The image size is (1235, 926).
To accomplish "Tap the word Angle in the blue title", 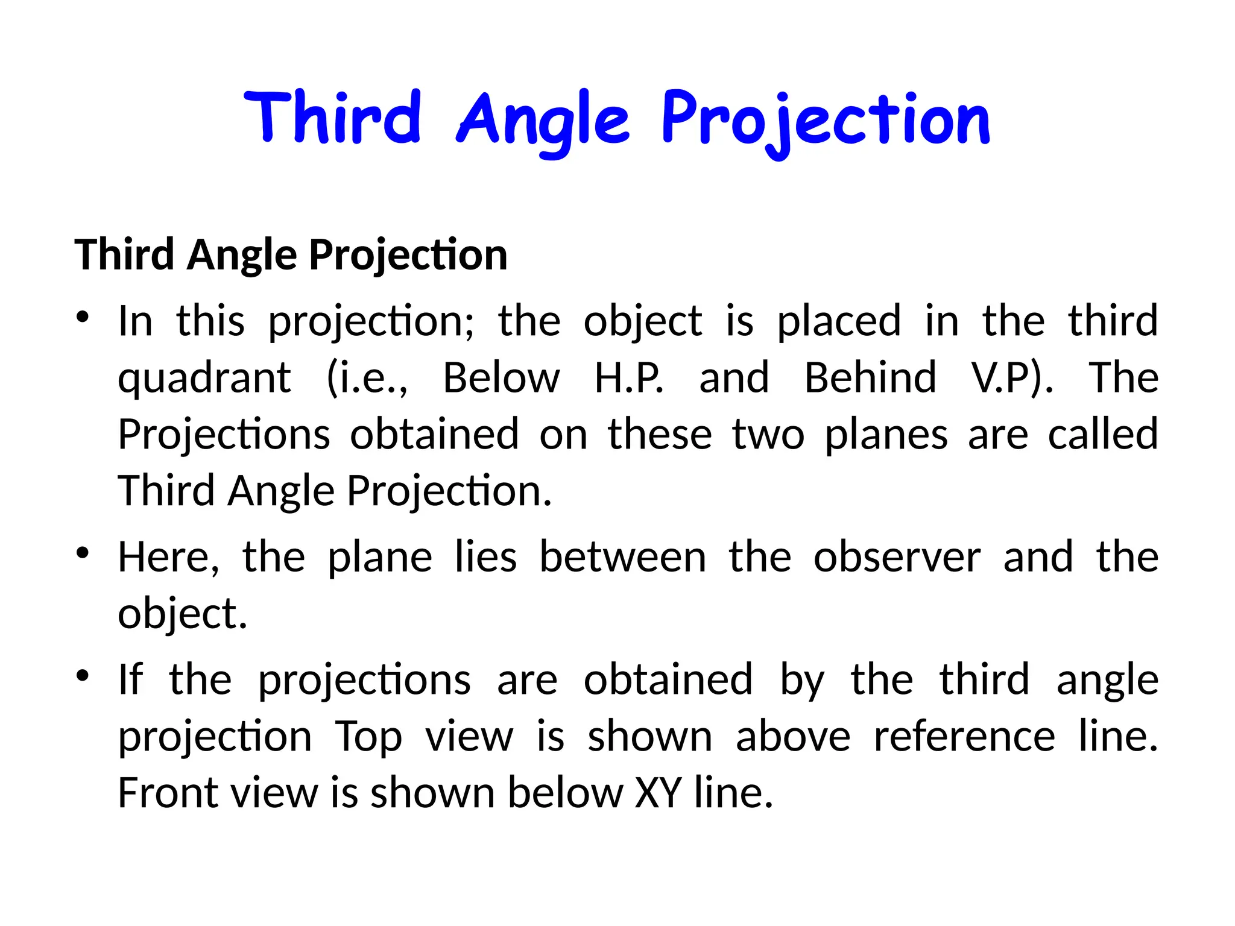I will tap(543, 121).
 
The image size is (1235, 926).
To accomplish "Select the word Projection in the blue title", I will tap(826, 121).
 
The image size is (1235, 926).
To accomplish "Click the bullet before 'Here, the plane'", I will tap(83, 553).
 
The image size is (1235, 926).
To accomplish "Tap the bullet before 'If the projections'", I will tap(83, 675).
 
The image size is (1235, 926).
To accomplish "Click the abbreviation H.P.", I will tap(629, 379).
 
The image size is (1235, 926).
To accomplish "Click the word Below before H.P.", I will tap(501, 379).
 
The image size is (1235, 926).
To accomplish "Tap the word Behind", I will tap(870, 379).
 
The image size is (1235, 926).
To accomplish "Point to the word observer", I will tap(897, 558).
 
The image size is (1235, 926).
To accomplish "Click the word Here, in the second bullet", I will tap(168, 558).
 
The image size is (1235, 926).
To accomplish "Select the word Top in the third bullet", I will tap(368, 737).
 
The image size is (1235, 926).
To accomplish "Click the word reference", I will tap(964, 736).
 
